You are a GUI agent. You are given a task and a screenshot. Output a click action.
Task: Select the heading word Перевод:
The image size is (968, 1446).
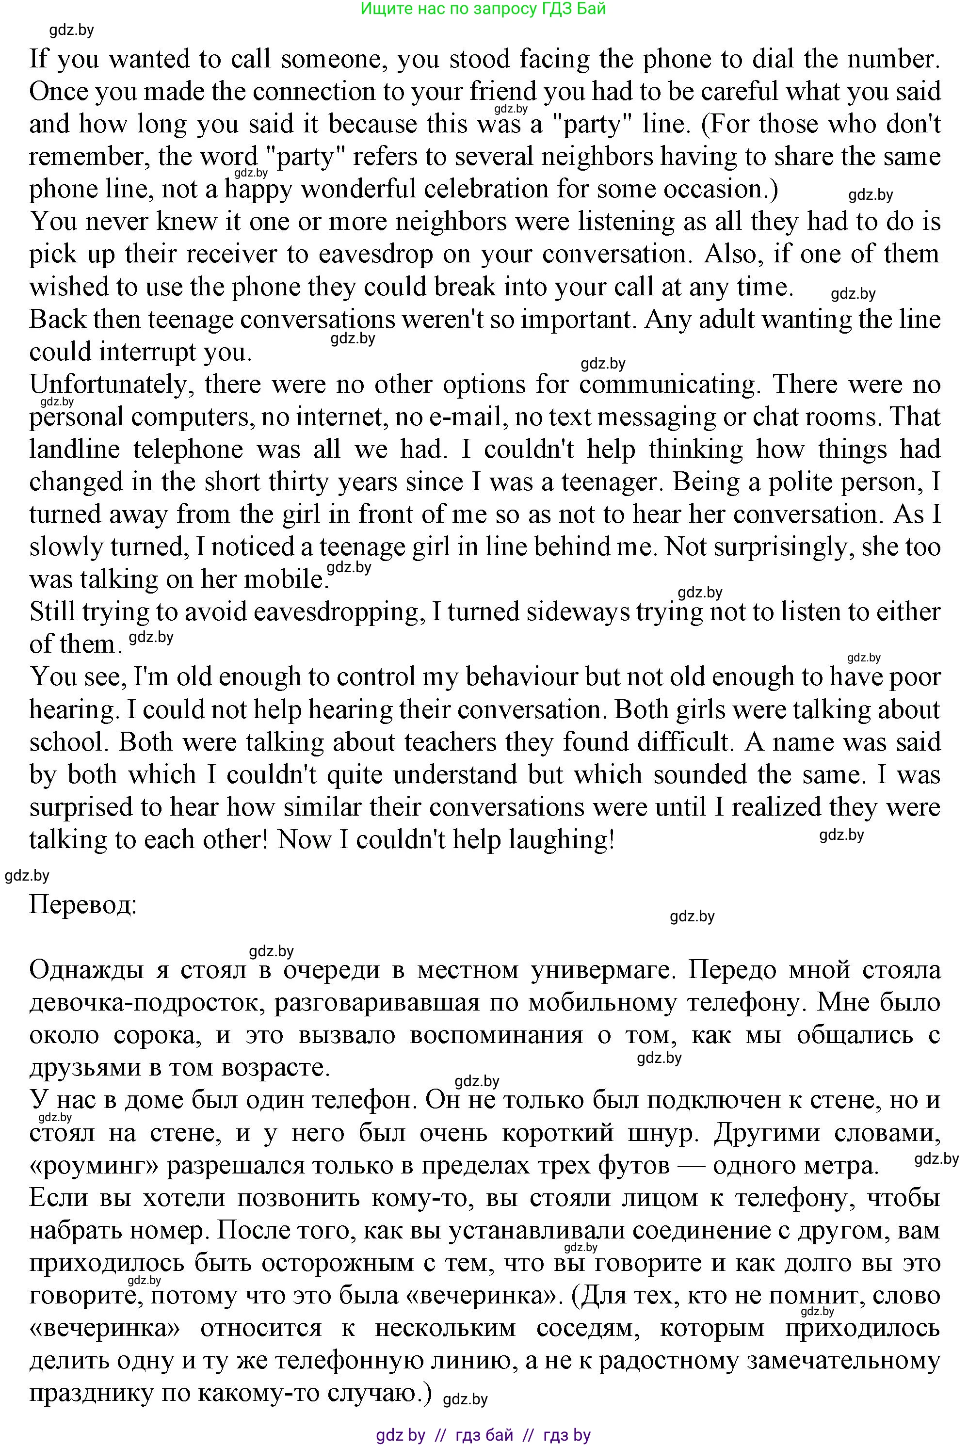tap(83, 905)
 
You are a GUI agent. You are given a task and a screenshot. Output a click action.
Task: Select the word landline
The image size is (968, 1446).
tap(74, 450)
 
